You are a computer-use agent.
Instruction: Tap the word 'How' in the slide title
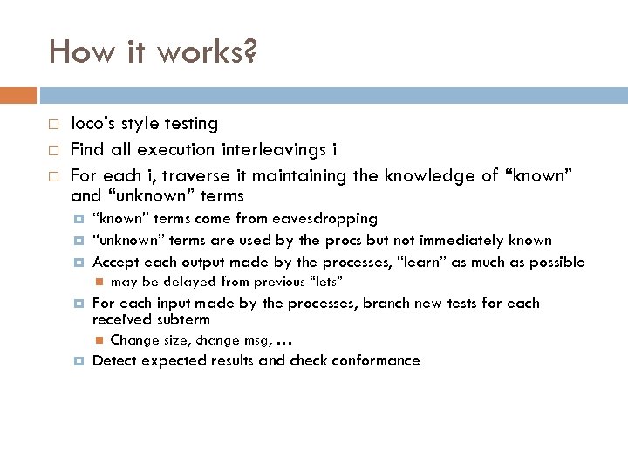tap(78, 52)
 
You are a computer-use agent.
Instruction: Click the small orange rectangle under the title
tap(18, 94)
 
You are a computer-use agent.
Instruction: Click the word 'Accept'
tap(115, 262)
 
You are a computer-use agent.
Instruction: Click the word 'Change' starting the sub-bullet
tap(135, 340)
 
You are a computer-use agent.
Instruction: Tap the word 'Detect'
tap(114, 360)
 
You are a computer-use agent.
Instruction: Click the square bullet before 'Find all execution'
tap(53, 150)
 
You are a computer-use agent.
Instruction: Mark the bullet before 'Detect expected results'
tap(78, 361)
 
